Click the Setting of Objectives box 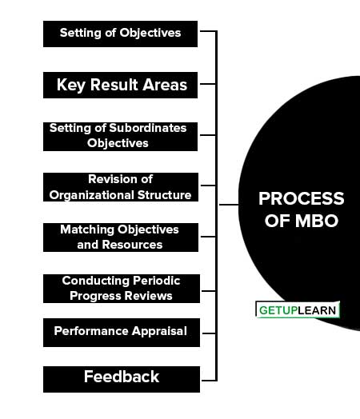click(x=120, y=34)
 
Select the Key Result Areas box click(x=120, y=85)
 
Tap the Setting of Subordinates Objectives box click(x=120, y=137)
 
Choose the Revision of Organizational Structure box click(x=121, y=187)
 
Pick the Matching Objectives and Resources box click(x=121, y=237)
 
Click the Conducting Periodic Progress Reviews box click(x=122, y=289)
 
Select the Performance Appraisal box click(x=122, y=333)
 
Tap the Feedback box click(x=122, y=380)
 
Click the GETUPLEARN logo click(x=298, y=310)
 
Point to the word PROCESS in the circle click(x=302, y=198)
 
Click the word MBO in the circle click(x=317, y=221)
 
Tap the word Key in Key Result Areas click(x=71, y=86)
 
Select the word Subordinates click(x=148, y=128)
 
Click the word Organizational click(x=91, y=195)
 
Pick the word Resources click(x=132, y=245)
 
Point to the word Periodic click(x=156, y=281)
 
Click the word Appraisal click(x=159, y=332)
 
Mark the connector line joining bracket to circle click(x=229, y=205)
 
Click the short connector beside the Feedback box click(x=209, y=381)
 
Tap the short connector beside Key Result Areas click(x=208, y=84)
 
